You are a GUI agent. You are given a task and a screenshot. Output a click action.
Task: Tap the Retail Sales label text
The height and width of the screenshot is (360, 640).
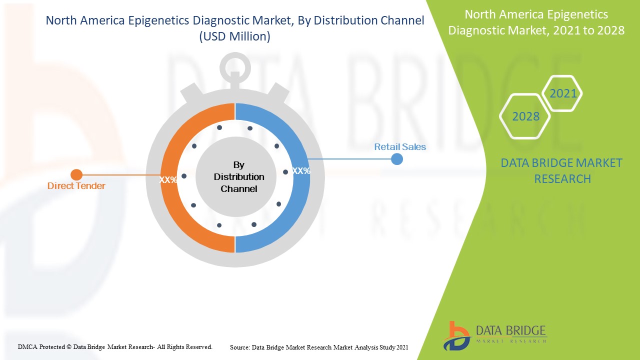click(x=400, y=147)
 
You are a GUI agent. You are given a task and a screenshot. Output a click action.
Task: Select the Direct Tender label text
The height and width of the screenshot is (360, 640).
click(x=76, y=186)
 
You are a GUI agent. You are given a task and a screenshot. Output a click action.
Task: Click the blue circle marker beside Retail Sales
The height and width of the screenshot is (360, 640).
click(x=397, y=159)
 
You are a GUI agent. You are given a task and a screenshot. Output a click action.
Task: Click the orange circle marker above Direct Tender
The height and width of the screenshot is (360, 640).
click(x=76, y=174)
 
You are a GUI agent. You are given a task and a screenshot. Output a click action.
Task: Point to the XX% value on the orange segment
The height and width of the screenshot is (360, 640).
click(x=167, y=179)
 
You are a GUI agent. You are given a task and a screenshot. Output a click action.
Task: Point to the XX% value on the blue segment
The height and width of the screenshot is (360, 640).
click(x=301, y=171)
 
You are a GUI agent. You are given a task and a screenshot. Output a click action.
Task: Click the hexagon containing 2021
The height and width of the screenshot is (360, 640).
click(x=562, y=93)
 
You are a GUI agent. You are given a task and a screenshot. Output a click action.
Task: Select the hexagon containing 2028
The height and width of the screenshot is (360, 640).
click(x=525, y=116)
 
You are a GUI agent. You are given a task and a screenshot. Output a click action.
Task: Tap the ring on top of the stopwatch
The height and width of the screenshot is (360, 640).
click(x=235, y=65)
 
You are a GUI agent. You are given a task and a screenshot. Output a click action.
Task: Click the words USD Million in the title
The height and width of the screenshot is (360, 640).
click(x=234, y=36)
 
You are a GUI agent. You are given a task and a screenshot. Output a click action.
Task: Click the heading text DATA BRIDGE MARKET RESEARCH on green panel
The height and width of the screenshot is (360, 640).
click(x=561, y=170)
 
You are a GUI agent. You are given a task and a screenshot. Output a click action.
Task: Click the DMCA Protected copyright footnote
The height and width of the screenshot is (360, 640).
click(x=115, y=346)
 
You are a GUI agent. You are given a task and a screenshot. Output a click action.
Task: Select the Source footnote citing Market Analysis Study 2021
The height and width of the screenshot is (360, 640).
click(x=319, y=347)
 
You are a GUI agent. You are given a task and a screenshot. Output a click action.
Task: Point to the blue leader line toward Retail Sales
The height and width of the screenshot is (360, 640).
click(x=350, y=159)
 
